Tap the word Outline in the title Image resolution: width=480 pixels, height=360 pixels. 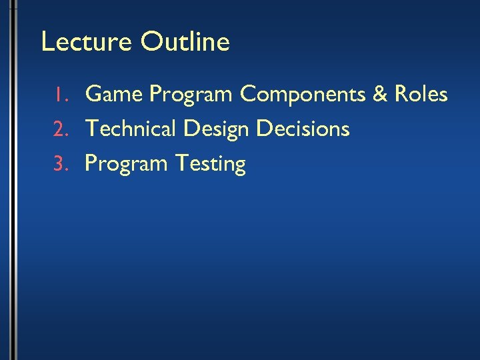185,42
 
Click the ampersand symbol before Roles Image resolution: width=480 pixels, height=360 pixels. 380,95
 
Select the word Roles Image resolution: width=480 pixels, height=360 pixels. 421,95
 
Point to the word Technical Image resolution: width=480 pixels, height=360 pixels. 132,129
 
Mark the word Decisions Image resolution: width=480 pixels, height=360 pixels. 303,129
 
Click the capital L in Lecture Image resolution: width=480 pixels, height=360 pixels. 47,42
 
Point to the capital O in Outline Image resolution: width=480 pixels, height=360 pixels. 151,42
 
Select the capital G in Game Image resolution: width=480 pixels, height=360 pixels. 95,95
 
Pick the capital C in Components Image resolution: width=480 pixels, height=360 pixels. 249,95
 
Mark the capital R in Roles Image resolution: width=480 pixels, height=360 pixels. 401,95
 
